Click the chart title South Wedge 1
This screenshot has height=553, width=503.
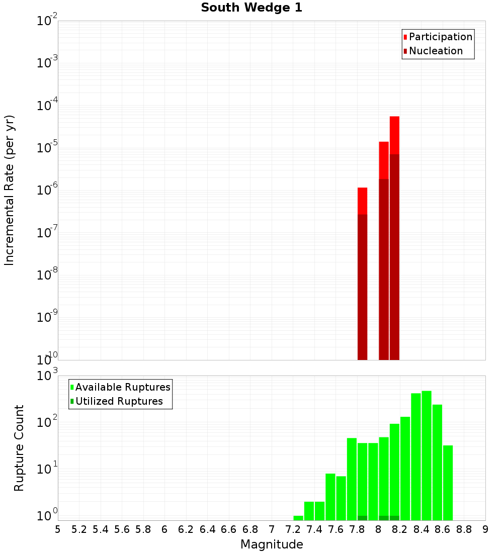point(251,8)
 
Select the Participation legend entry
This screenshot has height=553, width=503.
point(440,37)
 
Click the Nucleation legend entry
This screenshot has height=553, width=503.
point(435,51)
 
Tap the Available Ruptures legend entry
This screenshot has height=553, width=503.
point(122,388)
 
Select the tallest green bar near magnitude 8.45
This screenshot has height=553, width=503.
point(427,455)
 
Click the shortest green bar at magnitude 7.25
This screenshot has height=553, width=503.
point(298,518)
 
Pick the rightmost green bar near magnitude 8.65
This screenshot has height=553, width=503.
point(448,483)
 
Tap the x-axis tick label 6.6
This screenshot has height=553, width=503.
point(229,529)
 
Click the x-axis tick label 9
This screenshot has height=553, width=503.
point(485,529)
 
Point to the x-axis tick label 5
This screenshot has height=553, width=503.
point(58,529)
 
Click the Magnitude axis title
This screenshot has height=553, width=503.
point(272,544)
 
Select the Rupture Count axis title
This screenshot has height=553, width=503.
point(19,448)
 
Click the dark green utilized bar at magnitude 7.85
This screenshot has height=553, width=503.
point(362,518)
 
